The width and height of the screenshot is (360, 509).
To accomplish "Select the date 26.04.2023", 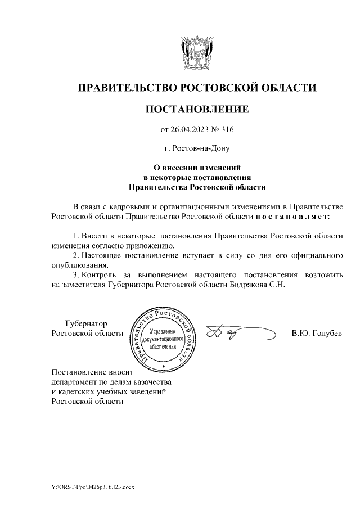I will (x=190, y=130).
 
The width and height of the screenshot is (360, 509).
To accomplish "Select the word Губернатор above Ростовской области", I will (x=86, y=323).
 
